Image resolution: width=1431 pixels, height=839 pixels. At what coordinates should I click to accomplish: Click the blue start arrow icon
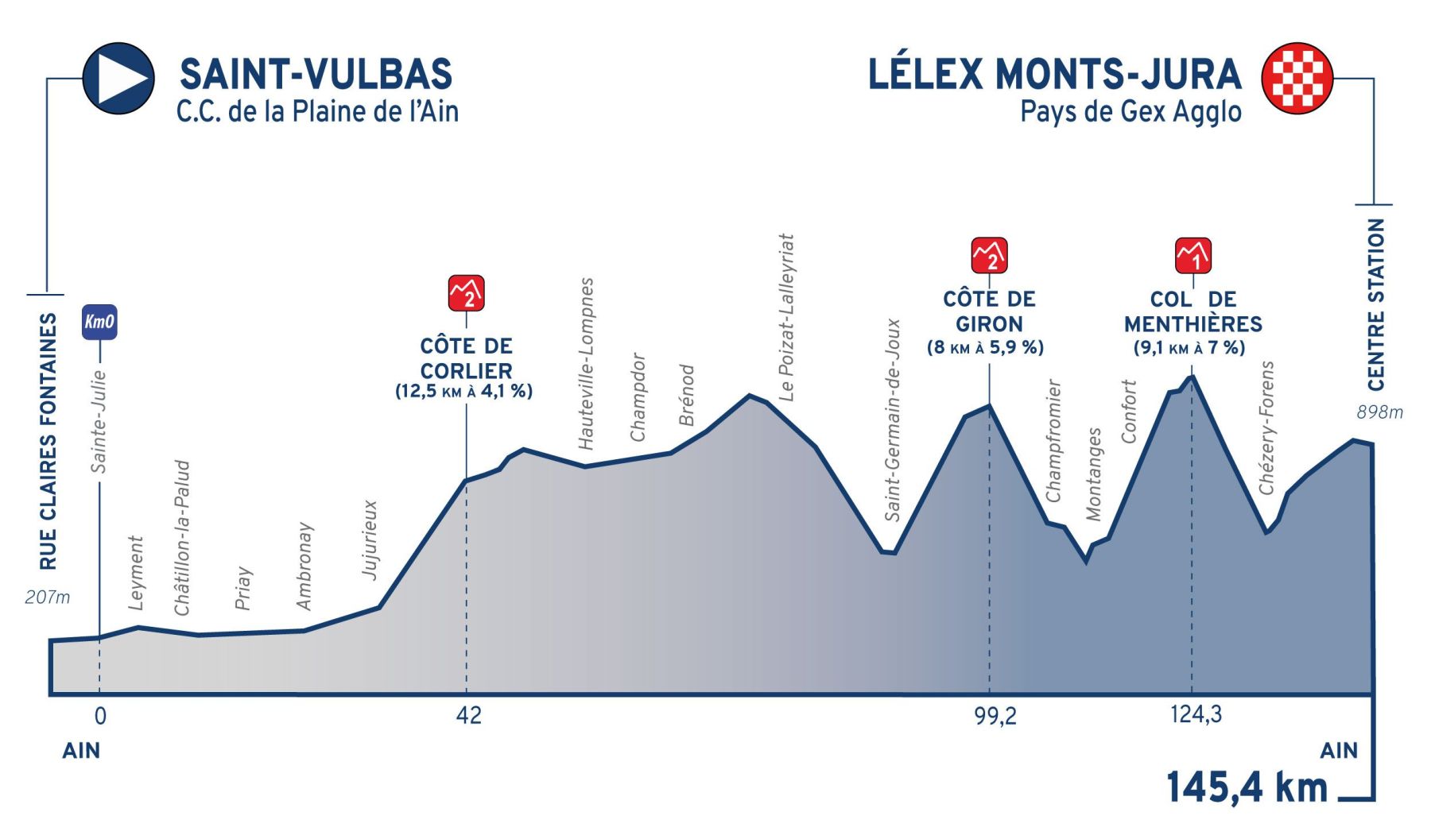pyautogui.click(x=118, y=78)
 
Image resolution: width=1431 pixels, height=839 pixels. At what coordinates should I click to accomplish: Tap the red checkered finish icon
pyautogui.click(x=1297, y=78)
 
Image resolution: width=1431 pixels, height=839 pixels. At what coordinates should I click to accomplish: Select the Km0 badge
pyautogui.click(x=99, y=322)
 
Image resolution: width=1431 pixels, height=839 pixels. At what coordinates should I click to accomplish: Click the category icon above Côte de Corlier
pyautogui.click(x=466, y=293)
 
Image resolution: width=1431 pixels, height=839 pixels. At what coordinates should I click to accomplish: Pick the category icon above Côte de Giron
pyautogui.click(x=989, y=255)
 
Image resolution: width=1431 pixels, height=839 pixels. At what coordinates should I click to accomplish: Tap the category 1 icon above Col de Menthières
pyautogui.click(x=1192, y=255)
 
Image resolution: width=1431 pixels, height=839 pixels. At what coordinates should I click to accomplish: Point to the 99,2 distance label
pyautogui.click(x=995, y=716)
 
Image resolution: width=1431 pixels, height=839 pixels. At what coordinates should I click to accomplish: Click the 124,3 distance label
pyautogui.click(x=1196, y=714)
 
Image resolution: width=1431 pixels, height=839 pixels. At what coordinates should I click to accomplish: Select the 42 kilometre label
pyautogui.click(x=469, y=716)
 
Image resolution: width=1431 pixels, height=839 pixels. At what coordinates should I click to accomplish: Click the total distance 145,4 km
pyautogui.click(x=1247, y=787)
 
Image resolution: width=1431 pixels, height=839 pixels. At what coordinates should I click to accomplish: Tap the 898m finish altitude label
pyautogui.click(x=1379, y=412)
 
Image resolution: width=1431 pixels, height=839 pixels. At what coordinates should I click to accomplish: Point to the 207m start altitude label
pyautogui.click(x=47, y=597)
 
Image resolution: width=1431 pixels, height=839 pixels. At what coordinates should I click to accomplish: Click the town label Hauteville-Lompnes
pyautogui.click(x=587, y=363)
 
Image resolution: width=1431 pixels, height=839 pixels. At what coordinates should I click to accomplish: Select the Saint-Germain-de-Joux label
pyautogui.click(x=894, y=419)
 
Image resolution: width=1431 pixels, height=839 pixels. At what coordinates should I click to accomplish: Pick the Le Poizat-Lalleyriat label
pyautogui.click(x=786, y=317)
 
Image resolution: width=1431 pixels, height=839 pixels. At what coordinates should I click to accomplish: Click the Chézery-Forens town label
pyautogui.click(x=1267, y=427)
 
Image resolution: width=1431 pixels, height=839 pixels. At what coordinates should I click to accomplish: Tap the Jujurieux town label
pyautogui.click(x=370, y=539)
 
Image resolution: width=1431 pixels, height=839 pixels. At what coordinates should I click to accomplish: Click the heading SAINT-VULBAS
pyautogui.click(x=316, y=75)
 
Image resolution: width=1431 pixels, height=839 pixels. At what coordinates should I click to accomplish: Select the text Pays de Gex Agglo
pyautogui.click(x=1130, y=112)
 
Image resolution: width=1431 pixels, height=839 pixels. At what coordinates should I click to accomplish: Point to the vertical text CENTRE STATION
pyautogui.click(x=1376, y=304)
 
